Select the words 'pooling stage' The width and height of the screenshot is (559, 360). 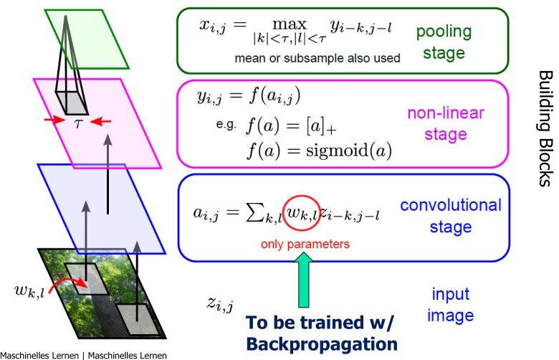pyautogui.click(x=444, y=42)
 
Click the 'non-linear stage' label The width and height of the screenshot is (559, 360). pyautogui.click(x=446, y=123)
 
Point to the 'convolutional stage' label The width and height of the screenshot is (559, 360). pyautogui.click(x=450, y=217)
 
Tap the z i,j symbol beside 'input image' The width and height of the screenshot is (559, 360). pyautogui.click(x=219, y=305)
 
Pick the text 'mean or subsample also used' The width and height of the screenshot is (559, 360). pyautogui.click(x=317, y=58)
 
